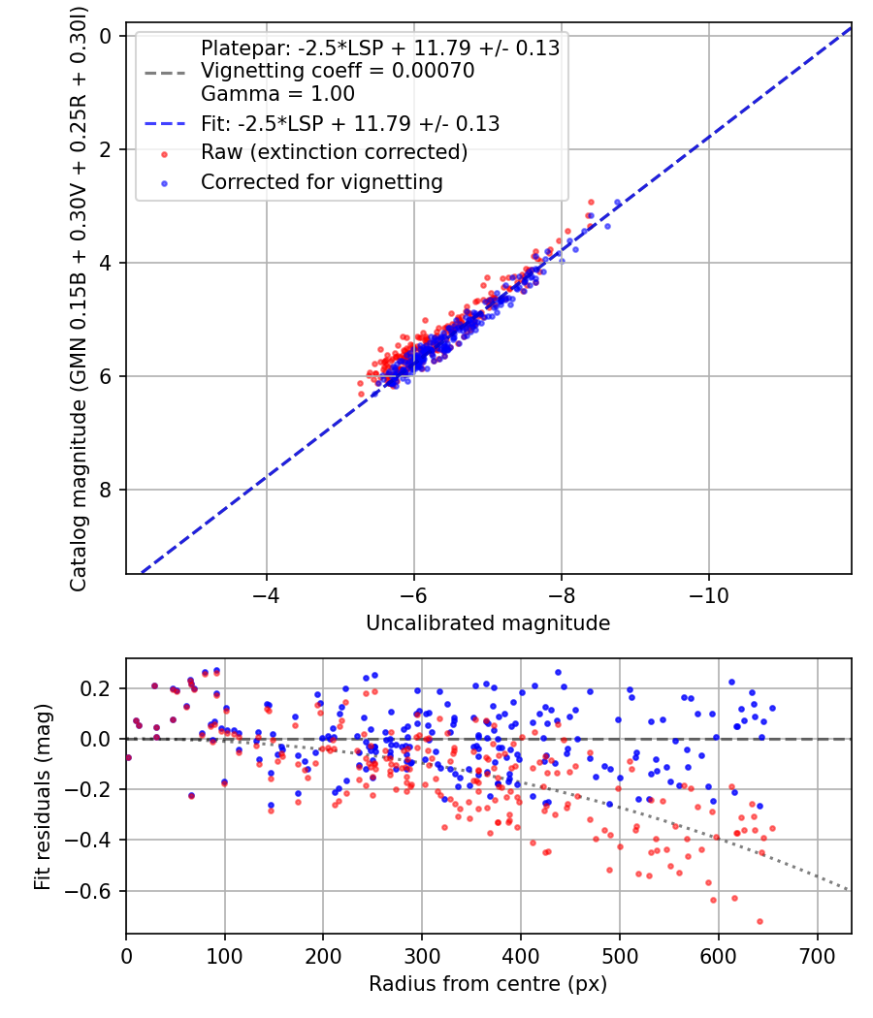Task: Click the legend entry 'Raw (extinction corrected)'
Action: pyautogui.click(x=334, y=152)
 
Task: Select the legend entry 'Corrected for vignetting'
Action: pyautogui.click(x=321, y=181)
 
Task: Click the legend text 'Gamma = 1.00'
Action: pyautogui.click(x=277, y=94)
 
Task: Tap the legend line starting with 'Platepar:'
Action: pyautogui.click(x=379, y=48)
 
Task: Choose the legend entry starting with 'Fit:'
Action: pyautogui.click(x=349, y=123)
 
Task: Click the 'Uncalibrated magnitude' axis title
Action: pyautogui.click(x=488, y=623)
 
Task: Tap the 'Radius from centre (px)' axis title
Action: pyautogui.click(x=488, y=983)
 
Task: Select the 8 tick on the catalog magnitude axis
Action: pyautogui.click(x=107, y=490)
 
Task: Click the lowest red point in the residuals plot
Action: pyautogui.click(x=760, y=921)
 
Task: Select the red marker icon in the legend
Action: pyautogui.click(x=165, y=153)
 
